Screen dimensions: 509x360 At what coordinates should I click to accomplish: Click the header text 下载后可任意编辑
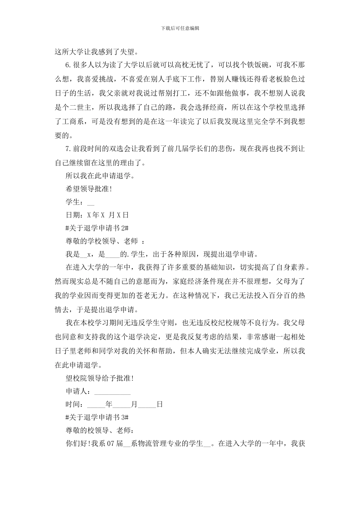(180, 28)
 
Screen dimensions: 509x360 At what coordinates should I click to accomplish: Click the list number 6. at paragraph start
(69, 65)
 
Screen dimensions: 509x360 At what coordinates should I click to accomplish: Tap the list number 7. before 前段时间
(69, 149)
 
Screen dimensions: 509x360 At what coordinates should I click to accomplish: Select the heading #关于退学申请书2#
(98, 228)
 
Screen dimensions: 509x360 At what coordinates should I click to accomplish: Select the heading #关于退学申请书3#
(98, 417)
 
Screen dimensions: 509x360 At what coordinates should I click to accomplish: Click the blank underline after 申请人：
(112, 392)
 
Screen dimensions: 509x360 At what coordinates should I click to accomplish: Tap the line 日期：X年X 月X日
(97, 215)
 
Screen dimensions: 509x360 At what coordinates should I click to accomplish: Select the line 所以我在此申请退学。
(100, 176)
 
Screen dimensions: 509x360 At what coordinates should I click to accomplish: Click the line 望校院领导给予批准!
(100, 378)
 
